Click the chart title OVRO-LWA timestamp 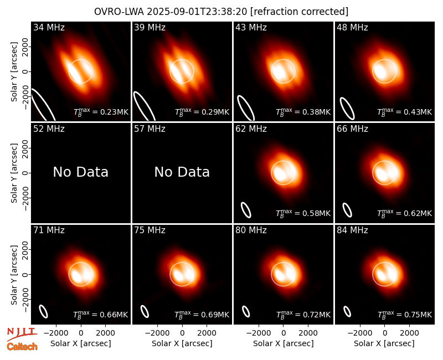pos(221,12)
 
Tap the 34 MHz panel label pos(49,27)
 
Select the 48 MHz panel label pos(352,27)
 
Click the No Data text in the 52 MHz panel pos(80,172)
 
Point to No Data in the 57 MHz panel pos(182,172)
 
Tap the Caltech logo pos(22,347)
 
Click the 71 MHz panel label pos(49,230)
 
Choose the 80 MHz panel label pos(251,230)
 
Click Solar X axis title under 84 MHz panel pos(384,343)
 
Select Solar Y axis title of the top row pos(14,72)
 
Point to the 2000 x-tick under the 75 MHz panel pos(207,333)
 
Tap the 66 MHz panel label pos(352,129)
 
